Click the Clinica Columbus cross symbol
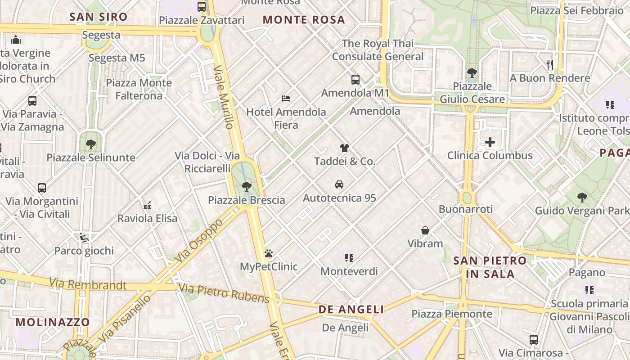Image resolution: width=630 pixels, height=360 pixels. [490, 143]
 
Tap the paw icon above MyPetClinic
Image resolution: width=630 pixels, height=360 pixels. [269, 253]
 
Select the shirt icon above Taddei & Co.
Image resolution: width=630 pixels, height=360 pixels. [344, 148]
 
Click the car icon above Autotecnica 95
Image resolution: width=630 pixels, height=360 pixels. [339, 184]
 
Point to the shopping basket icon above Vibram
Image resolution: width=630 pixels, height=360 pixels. [425, 230]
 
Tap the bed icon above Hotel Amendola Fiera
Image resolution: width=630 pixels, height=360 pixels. [286, 98]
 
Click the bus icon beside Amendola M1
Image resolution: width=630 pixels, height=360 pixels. [355, 80]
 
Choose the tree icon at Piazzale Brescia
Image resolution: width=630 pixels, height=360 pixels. [246, 186]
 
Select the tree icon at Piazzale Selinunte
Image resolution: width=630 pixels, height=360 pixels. [91, 144]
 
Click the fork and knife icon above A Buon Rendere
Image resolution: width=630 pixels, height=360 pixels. [549, 64]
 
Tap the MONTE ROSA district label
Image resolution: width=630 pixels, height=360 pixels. [304, 20]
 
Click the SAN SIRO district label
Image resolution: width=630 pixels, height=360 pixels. [99, 17]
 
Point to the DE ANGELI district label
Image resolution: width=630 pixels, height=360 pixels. [351, 310]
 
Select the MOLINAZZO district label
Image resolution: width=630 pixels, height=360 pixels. [53, 322]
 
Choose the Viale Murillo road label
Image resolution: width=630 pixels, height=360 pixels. [224, 97]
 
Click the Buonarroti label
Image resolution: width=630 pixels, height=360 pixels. [466, 209]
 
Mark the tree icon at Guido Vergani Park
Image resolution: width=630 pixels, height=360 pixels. [582, 197]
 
